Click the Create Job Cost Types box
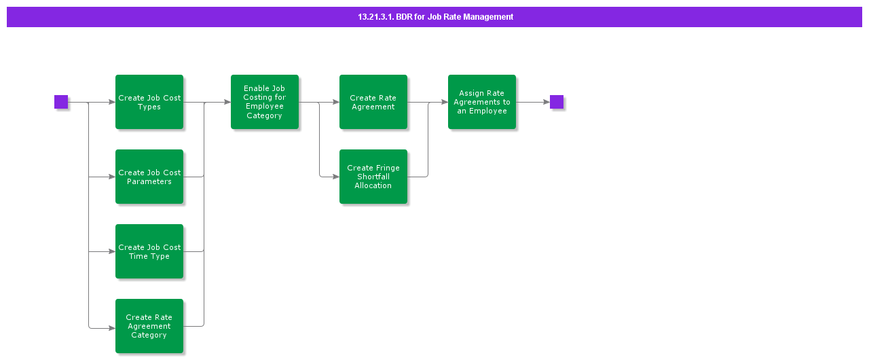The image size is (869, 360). point(149,102)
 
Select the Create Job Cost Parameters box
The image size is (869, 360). point(149,177)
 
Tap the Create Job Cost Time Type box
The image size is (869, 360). point(149,251)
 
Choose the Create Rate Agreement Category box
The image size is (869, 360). point(149,326)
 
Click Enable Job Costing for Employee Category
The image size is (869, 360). point(265,102)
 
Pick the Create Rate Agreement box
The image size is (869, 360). point(373,102)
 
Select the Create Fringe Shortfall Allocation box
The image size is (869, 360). point(373,177)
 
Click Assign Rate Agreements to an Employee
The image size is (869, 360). point(482,102)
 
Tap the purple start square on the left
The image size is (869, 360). point(61,102)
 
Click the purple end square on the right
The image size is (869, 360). point(557,102)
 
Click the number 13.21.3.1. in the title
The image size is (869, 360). point(375,17)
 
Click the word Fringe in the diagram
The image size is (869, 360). point(388,168)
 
